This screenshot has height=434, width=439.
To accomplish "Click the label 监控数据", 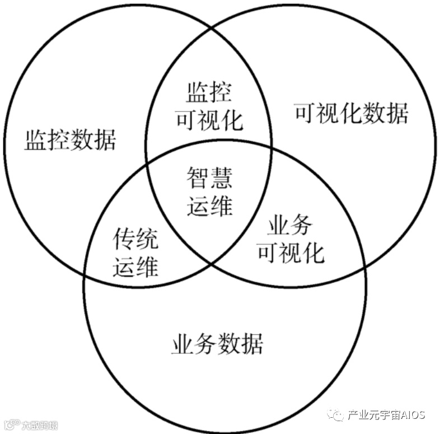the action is pos(70,139).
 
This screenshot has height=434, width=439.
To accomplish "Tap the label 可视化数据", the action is pos(351,113).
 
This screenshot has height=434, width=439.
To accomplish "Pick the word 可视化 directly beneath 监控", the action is pos(209,119).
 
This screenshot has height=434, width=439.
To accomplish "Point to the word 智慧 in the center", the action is pos(209,180).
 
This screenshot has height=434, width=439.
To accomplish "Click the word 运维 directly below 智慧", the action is pos(209,206).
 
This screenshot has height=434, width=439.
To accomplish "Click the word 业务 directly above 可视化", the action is pos(290,226).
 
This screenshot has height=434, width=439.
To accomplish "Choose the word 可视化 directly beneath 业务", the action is pos(291,253).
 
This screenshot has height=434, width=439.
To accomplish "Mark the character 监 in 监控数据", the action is pos(35,139).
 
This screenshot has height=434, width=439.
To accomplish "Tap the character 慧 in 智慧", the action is pos(221,180).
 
